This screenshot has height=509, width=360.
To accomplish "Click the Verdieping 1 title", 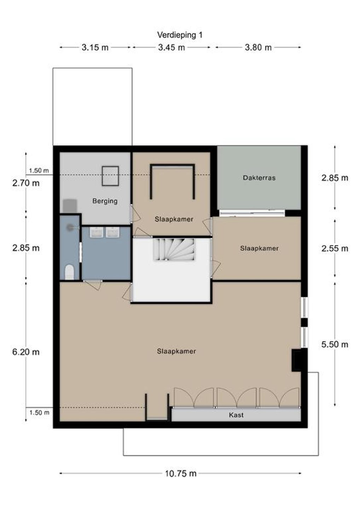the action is click(x=180, y=35).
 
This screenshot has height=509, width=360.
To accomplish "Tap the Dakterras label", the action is click(x=259, y=178).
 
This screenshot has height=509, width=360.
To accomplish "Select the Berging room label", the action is click(x=105, y=201).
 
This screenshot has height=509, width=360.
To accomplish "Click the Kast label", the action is click(x=236, y=415).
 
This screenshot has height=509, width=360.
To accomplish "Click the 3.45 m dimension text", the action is click(x=172, y=47).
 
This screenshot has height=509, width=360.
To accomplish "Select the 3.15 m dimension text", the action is click(x=95, y=47).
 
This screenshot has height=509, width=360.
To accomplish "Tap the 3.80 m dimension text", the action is click(x=258, y=47).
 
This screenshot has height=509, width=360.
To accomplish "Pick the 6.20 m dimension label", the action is click(x=26, y=352).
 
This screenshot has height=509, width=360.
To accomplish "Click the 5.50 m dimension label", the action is click(x=335, y=345).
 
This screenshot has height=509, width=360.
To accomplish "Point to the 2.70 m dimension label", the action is click(x=26, y=183).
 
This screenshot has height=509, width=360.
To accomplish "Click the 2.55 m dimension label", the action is click(x=335, y=248).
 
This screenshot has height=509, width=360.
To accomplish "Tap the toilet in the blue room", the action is click(x=69, y=272).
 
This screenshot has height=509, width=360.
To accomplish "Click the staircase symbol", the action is click(x=174, y=250).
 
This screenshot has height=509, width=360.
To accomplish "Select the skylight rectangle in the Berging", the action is click(x=110, y=176).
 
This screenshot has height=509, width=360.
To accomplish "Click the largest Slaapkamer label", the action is click(x=176, y=351).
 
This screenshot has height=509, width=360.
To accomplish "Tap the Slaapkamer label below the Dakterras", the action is click(x=259, y=248).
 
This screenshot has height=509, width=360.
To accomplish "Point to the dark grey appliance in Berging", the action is click(x=70, y=206).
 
